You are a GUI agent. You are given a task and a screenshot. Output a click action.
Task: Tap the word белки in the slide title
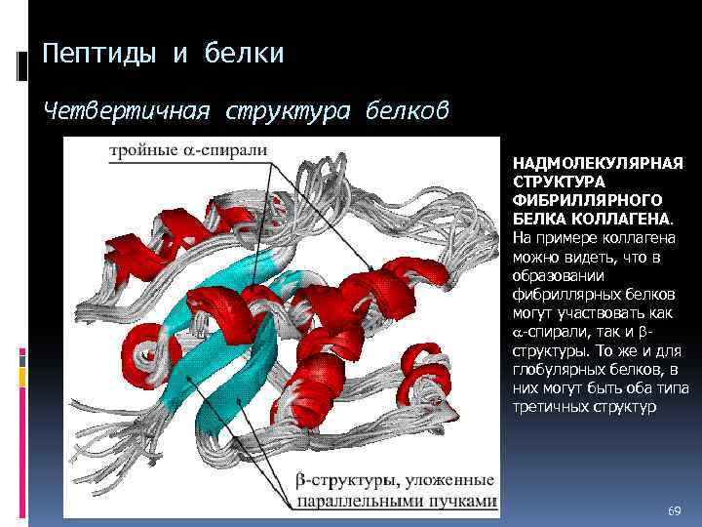click(245, 54)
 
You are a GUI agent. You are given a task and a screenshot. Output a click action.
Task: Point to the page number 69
click(674, 511)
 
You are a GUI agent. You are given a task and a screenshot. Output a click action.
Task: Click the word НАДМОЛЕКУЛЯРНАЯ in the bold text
click(598, 163)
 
